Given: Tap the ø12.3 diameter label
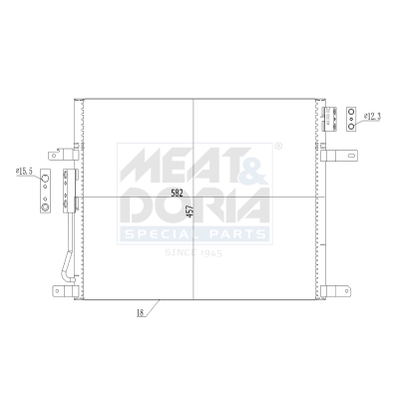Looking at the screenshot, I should (x=371, y=118).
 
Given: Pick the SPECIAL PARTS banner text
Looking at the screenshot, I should (x=195, y=233).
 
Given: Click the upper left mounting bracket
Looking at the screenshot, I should (x=66, y=154).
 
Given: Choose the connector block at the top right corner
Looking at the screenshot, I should (x=330, y=118).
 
